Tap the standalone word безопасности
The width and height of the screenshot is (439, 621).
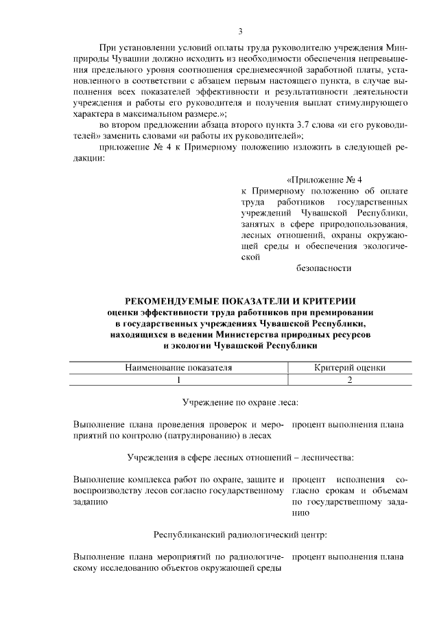pos(324,268)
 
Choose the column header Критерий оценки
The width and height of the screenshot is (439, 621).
pos(350,367)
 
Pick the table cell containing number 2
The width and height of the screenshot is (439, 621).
pos(350,379)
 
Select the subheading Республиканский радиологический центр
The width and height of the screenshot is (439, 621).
pos(240,533)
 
